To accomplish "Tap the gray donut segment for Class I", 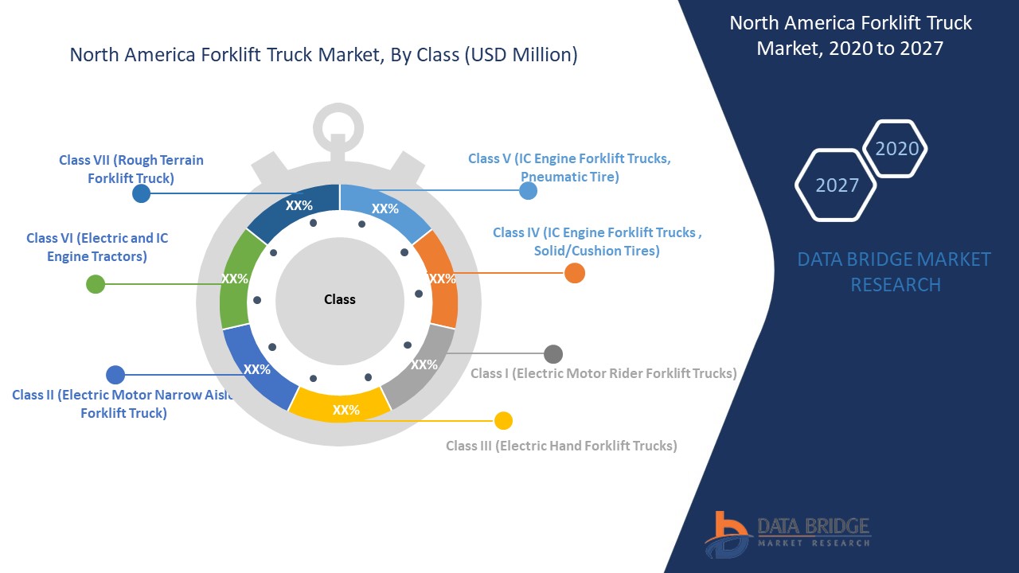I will [x=420, y=364].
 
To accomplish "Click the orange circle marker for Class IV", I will [x=575, y=273].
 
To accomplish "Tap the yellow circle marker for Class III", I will [x=503, y=420].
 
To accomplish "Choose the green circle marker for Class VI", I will [x=96, y=284].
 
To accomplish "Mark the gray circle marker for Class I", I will [x=553, y=354].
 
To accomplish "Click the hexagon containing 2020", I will [x=896, y=149].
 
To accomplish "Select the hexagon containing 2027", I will [x=836, y=185].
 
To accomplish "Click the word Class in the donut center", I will [x=340, y=299].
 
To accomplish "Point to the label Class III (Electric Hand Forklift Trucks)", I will [x=561, y=446].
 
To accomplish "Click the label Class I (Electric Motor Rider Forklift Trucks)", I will [x=603, y=373].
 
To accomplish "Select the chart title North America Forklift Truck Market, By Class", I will [x=323, y=55].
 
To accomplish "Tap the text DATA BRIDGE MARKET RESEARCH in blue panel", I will [x=895, y=271].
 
